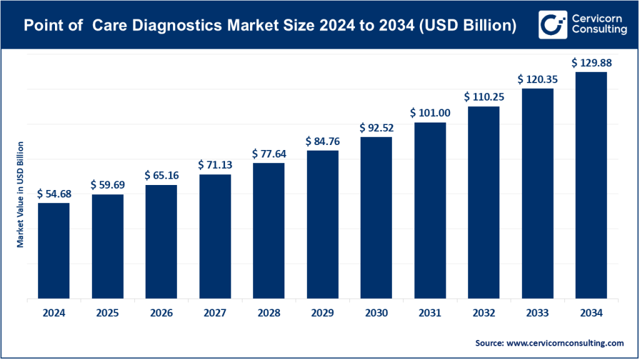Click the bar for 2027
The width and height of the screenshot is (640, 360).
pos(215,237)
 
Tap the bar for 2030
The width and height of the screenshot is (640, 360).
pos(376,218)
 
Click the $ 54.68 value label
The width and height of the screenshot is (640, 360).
pos(54,194)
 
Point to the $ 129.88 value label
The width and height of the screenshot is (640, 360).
pos(591,63)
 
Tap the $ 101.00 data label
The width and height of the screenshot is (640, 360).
pos(430,113)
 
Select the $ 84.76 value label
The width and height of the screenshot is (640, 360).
pos(322,141)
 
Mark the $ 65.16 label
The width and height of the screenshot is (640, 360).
pos(161,176)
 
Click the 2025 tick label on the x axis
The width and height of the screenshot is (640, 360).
pos(107,312)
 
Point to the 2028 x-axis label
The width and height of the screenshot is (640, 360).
pos(269,312)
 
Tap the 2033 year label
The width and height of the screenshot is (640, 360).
pos(537,312)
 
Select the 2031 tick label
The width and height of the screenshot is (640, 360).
pos(430,312)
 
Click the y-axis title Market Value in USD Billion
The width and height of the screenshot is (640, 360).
pos(20,194)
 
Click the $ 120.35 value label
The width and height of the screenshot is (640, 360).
pos(537,79)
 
